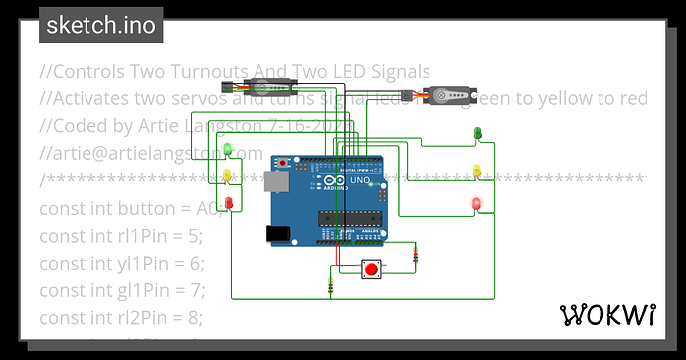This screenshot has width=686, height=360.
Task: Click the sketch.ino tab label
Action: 101,25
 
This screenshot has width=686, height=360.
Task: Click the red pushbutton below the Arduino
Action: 372,269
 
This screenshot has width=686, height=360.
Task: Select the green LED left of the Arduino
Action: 228,150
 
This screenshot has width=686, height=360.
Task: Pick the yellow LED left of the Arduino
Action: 228,176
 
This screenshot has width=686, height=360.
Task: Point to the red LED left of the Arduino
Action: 229,203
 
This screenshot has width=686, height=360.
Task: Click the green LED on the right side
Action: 477,132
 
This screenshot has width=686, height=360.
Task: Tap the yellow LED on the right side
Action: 477,170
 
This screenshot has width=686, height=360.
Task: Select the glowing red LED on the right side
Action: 476,204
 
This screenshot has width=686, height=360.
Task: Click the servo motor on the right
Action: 442,97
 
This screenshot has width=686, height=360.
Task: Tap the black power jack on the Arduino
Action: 277,233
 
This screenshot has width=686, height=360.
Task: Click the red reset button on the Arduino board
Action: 284,161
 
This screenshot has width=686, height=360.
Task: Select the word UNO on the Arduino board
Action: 355,185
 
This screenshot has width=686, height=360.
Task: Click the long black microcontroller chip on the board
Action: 348,217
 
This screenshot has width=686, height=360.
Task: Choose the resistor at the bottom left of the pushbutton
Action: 330,287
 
